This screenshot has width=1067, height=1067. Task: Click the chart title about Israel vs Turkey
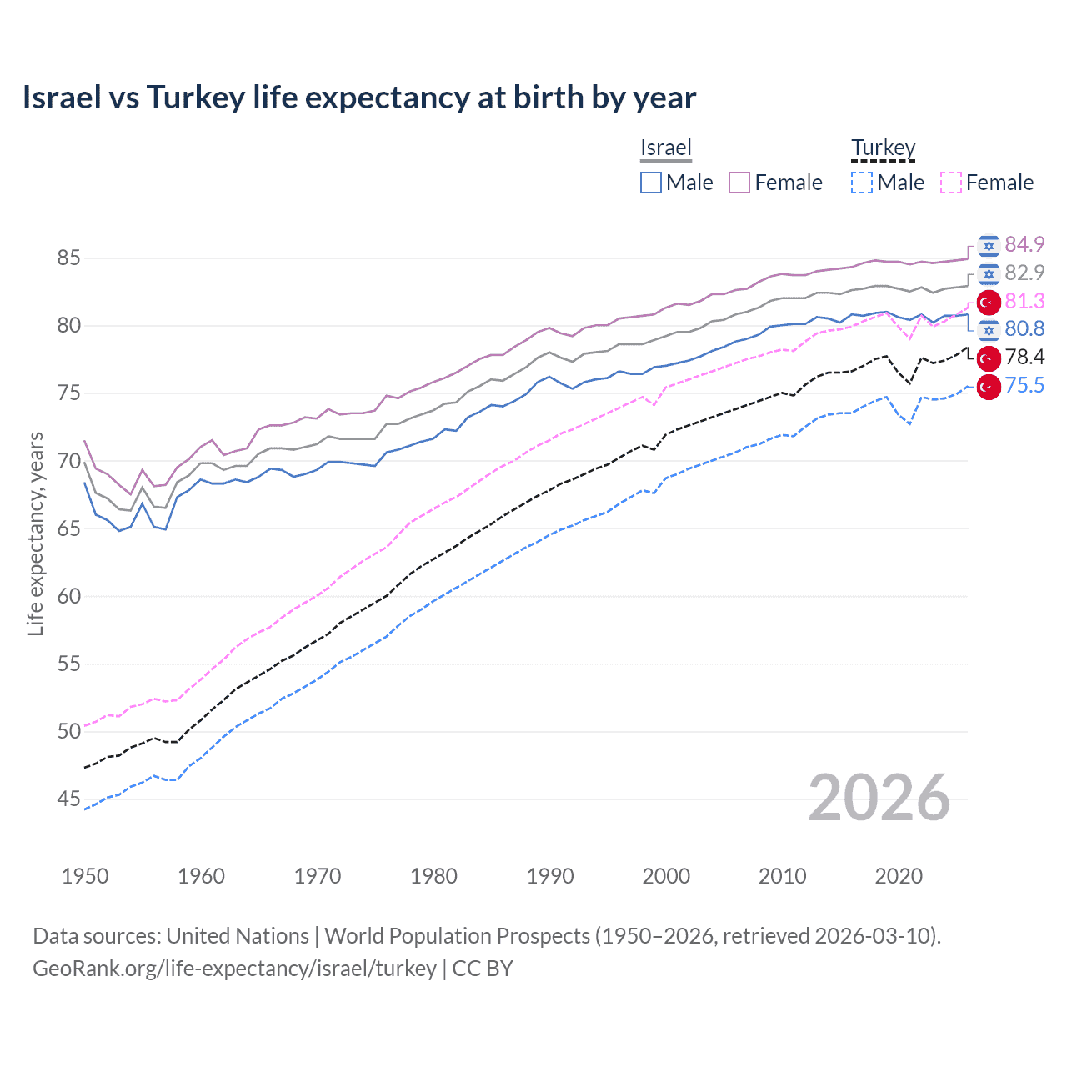click(358, 98)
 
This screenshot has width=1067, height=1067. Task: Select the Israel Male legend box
click(651, 183)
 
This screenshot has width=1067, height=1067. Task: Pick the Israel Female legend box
click(739, 183)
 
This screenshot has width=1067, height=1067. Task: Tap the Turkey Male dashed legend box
click(862, 183)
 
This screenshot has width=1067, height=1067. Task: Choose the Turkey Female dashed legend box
click(951, 183)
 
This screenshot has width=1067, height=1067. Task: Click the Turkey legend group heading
click(883, 148)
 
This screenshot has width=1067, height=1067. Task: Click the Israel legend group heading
click(665, 148)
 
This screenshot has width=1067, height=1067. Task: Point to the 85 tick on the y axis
click(68, 258)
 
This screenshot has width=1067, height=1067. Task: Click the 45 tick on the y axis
click(68, 799)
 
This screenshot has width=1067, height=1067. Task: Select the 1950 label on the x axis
click(85, 876)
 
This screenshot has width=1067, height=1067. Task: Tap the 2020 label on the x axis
click(899, 876)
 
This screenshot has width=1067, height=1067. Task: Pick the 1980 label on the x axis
click(433, 876)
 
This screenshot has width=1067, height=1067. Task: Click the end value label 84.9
click(1024, 244)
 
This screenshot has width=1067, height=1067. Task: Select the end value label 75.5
click(1024, 385)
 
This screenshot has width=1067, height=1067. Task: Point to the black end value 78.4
click(1024, 358)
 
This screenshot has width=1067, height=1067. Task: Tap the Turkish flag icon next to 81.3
click(989, 302)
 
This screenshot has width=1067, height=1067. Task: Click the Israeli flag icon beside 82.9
click(989, 273)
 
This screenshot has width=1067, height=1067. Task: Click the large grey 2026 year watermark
click(879, 798)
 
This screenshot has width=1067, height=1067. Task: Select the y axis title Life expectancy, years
click(35, 533)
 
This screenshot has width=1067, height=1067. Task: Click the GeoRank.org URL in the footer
click(234, 969)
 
